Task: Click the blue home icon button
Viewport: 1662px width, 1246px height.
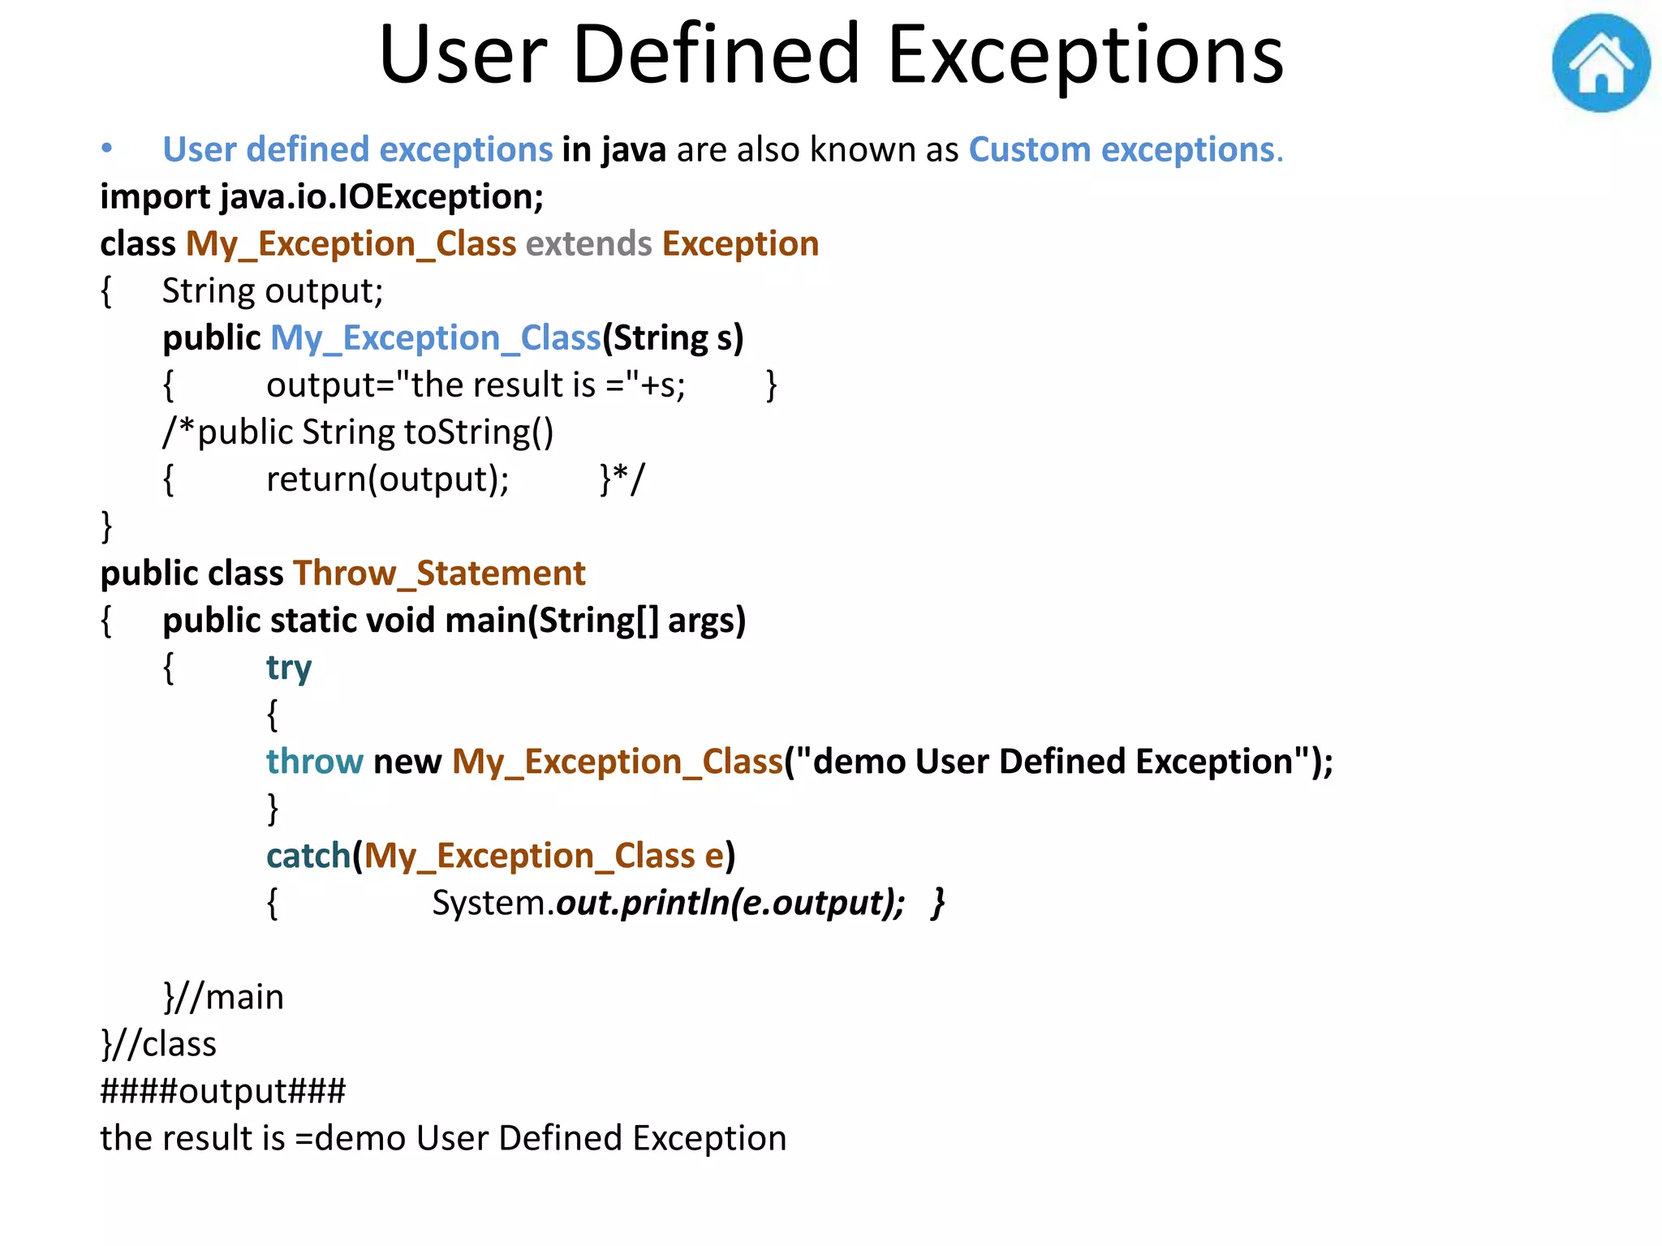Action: [1600, 63]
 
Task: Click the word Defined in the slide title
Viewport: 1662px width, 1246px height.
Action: [716, 55]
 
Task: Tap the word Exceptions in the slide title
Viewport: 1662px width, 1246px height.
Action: [1086, 55]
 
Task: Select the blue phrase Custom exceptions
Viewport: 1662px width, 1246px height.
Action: [1125, 150]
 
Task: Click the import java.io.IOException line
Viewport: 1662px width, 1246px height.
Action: [321, 197]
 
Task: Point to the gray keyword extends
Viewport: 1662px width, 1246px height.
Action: [588, 244]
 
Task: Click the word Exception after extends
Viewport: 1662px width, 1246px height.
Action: [740, 244]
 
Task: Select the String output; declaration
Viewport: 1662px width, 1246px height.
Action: [273, 291]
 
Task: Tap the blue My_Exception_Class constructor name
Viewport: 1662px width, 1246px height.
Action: [435, 338]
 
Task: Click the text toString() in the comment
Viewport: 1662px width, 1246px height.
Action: [479, 432]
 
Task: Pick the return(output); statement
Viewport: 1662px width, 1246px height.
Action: [388, 479]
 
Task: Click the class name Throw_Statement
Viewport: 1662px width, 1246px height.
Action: [439, 574]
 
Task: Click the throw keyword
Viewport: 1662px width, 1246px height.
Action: [315, 762]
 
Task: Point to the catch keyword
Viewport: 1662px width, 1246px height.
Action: [308, 856]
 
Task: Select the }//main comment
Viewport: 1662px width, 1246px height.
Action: [224, 997]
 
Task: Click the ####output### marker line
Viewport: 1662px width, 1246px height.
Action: [223, 1091]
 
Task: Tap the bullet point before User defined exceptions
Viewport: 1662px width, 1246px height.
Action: [106, 148]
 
